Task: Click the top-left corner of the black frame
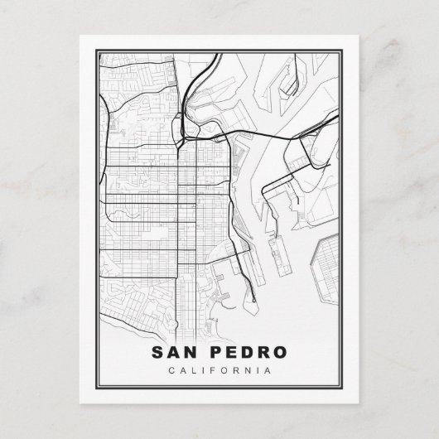click(x=82, y=38)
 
